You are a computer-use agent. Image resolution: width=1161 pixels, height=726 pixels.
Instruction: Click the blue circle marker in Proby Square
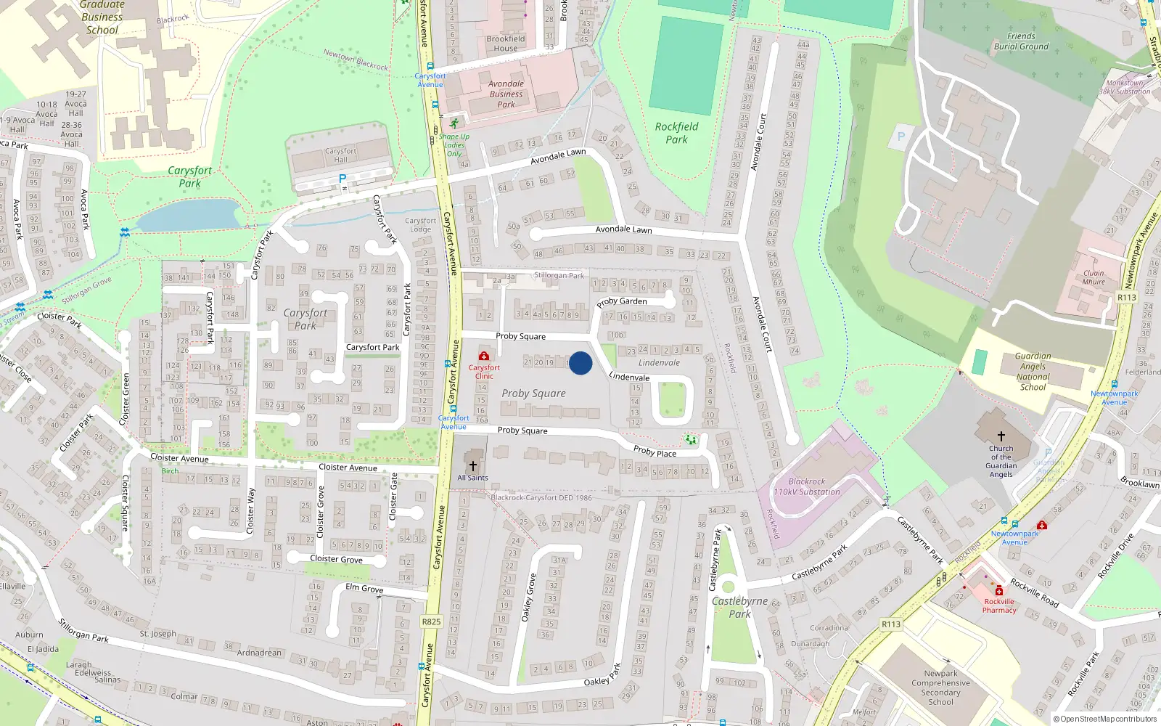click(580, 363)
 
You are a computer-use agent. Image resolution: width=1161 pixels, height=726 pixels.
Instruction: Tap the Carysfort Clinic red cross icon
click(484, 356)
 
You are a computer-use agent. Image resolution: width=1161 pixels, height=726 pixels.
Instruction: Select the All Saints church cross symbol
click(472, 465)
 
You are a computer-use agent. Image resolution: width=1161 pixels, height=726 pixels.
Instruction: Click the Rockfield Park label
click(676, 133)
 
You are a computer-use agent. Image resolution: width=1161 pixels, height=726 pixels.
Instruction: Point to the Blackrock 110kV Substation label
click(807, 486)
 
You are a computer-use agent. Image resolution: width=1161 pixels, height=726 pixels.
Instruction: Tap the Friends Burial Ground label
click(1021, 41)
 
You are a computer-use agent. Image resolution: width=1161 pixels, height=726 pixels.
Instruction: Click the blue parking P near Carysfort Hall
click(342, 178)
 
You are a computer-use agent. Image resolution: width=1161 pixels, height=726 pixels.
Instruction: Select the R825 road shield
click(431, 621)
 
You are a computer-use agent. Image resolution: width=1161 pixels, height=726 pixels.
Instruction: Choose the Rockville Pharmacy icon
click(999, 590)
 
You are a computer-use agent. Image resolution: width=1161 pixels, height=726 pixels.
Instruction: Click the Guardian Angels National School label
click(1033, 372)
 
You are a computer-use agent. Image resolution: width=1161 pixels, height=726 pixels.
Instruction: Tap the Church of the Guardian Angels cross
click(1001, 436)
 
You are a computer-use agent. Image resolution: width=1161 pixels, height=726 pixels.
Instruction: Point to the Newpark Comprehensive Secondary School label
click(940, 688)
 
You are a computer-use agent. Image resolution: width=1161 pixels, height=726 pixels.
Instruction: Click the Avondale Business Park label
click(506, 94)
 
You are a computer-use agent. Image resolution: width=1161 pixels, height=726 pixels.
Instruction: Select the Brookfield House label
click(506, 44)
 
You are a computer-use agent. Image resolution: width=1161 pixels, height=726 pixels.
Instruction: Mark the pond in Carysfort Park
click(189, 216)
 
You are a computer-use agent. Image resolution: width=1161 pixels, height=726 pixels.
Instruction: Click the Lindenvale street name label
click(630, 377)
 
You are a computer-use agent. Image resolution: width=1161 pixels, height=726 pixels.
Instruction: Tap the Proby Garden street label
click(622, 301)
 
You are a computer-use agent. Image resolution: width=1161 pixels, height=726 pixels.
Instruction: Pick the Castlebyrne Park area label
click(739, 607)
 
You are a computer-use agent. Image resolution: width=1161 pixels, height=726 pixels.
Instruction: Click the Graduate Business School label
click(102, 17)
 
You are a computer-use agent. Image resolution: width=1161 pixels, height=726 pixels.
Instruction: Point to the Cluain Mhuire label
click(1094, 277)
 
